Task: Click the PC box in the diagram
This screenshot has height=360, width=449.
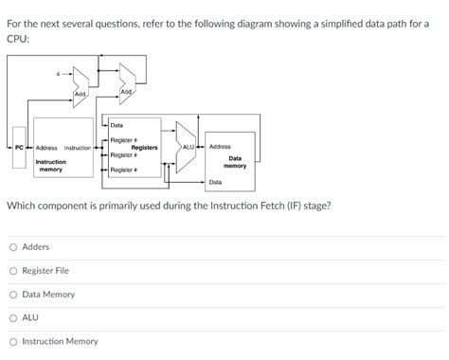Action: click(20, 147)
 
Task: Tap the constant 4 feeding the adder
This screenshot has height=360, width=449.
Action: click(58, 74)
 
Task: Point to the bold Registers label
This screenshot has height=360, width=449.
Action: click(144, 147)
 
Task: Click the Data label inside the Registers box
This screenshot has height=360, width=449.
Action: click(117, 125)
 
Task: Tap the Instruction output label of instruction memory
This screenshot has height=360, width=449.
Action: click(78, 148)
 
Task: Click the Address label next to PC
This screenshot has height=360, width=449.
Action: click(46, 148)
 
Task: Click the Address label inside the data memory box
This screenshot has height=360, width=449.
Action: click(220, 147)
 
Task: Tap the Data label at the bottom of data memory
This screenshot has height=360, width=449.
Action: click(215, 181)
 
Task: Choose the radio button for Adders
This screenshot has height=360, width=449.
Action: click(13, 247)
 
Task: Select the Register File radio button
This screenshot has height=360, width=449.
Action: click(13, 271)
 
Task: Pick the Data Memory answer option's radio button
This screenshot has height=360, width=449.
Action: click(13, 295)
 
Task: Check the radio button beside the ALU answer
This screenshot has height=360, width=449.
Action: click(13, 318)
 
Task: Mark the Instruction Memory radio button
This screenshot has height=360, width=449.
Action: click(13, 342)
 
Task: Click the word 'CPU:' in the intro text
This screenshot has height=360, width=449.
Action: click(18, 39)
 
